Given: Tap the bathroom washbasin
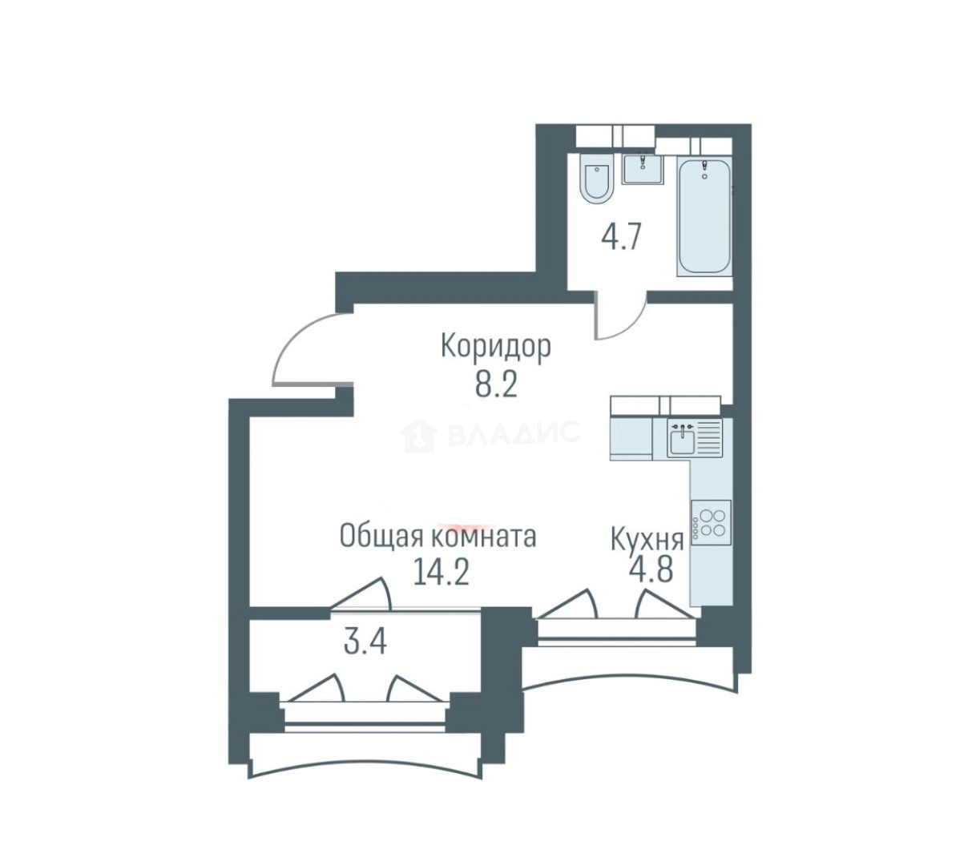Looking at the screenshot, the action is [643, 169].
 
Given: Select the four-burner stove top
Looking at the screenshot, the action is [711, 523].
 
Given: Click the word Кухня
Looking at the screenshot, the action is [647, 540].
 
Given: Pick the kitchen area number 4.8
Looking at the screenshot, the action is [650, 571].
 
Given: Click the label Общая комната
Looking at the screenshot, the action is [438, 536].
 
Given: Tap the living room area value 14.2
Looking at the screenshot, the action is [441, 573].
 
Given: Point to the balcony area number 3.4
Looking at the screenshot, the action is [365, 642].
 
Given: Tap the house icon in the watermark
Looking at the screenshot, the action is [418, 435].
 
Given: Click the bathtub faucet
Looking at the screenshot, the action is [705, 169].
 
